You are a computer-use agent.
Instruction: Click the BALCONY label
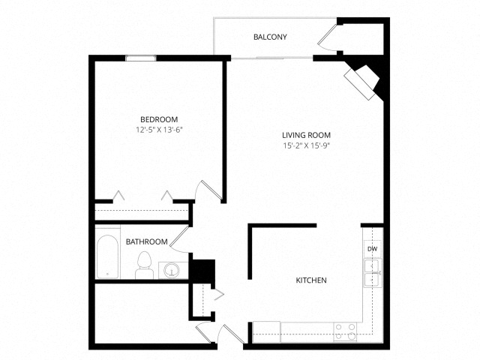[x=270, y=37]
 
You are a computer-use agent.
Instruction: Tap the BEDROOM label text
[x=159, y=119]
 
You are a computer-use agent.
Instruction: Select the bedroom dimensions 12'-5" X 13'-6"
[x=159, y=130]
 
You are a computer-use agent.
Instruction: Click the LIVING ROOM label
[x=306, y=135]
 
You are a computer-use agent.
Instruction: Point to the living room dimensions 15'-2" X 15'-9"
[x=307, y=145]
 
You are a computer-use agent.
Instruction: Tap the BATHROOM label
[x=147, y=241]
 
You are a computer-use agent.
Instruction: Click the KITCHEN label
[x=311, y=280]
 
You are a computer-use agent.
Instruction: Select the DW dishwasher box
[x=373, y=249]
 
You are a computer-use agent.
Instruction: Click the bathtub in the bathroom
[x=107, y=256]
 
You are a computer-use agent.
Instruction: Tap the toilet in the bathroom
[x=145, y=265]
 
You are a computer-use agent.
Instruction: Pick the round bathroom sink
[x=172, y=270]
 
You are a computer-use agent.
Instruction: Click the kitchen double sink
[x=373, y=273]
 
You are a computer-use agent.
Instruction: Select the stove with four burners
[x=345, y=331]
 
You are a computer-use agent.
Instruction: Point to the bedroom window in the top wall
[x=141, y=58]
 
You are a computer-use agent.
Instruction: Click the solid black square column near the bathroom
[x=202, y=271]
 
